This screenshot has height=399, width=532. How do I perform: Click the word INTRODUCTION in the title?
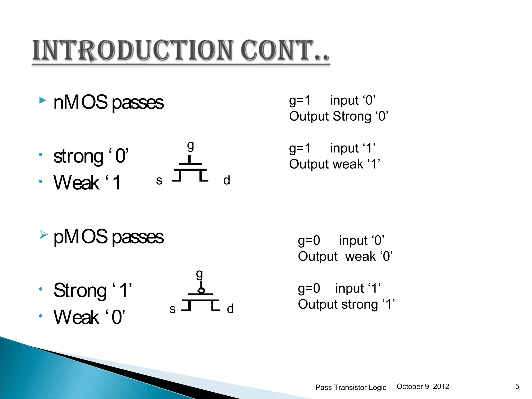[x=132, y=51]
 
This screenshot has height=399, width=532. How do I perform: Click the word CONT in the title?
[x=277, y=51]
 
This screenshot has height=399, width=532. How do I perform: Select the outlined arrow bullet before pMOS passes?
[x=43, y=235]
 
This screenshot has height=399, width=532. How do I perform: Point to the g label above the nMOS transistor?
[x=190, y=146]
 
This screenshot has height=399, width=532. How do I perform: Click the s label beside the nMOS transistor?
[x=159, y=180]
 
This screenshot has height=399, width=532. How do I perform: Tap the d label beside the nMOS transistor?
[x=227, y=180]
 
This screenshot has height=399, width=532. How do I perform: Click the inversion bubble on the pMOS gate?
[x=201, y=290]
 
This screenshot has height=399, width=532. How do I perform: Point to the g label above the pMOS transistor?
[x=199, y=274]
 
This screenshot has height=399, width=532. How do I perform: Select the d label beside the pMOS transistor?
[x=230, y=309]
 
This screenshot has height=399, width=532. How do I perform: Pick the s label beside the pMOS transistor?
[x=172, y=309]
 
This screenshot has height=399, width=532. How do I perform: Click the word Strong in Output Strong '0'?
[x=352, y=116]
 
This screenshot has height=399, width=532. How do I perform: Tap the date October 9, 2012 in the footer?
[x=423, y=387]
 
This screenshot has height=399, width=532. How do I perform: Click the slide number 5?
[x=517, y=387]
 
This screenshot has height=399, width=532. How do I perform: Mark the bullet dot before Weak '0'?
[x=41, y=316]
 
